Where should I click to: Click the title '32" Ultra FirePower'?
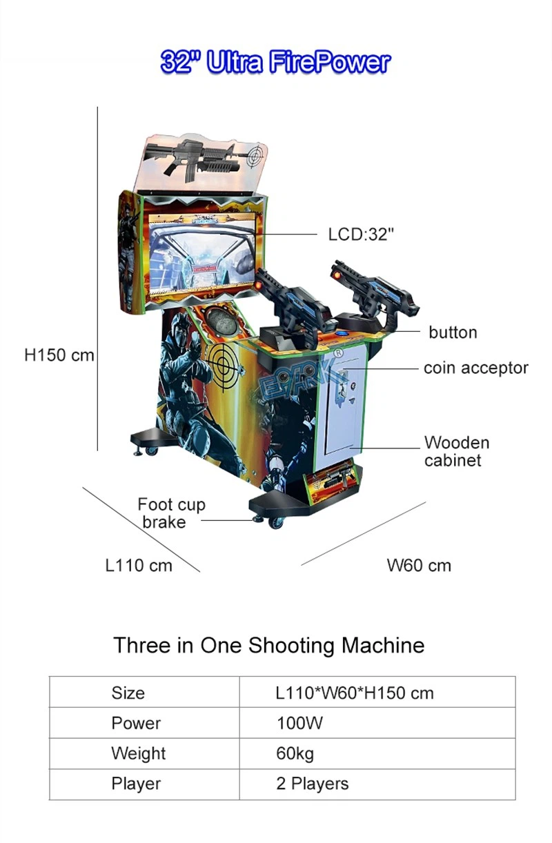pyautogui.click(x=275, y=62)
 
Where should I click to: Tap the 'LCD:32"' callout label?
pyautogui.click(x=361, y=235)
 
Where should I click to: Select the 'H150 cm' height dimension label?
pyautogui.click(x=59, y=355)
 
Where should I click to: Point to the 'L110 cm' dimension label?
pyautogui.click(x=139, y=565)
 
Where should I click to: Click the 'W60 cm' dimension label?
pyautogui.click(x=419, y=565)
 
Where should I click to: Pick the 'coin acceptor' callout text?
pyautogui.click(x=476, y=368)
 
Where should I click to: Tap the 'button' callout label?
pyautogui.click(x=453, y=333)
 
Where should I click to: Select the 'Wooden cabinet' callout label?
pyautogui.click(x=457, y=451)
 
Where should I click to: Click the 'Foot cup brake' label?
pyautogui.click(x=171, y=513)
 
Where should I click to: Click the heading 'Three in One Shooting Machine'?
pyautogui.click(x=269, y=646)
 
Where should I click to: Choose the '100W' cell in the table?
pyautogui.click(x=299, y=723)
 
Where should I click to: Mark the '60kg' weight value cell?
pyautogui.click(x=295, y=754)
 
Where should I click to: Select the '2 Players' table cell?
pyautogui.click(x=312, y=784)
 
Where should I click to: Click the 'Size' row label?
pyautogui.click(x=128, y=693)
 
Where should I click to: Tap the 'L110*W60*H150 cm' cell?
pyautogui.click(x=355, y=693)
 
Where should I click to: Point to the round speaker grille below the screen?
pyautogui.click(x=220, y=320)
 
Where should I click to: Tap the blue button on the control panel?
pyautogui.click(x=342, y=333)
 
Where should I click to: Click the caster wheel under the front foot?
pyautogui.click(x=277, y=523)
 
